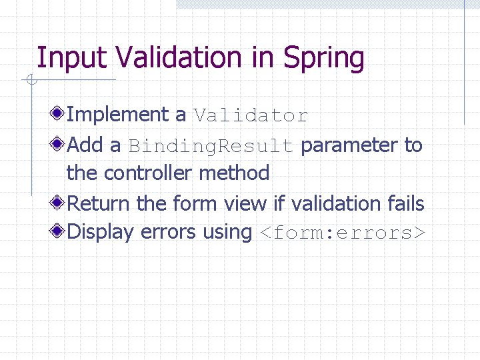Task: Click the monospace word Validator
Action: click(x=251, y=116)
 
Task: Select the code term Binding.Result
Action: click(x=211, y=145)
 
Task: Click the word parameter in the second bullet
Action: click(x=350, y=145)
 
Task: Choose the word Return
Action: click(x=99, y=203)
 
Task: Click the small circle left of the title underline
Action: click(x=31, y=81)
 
